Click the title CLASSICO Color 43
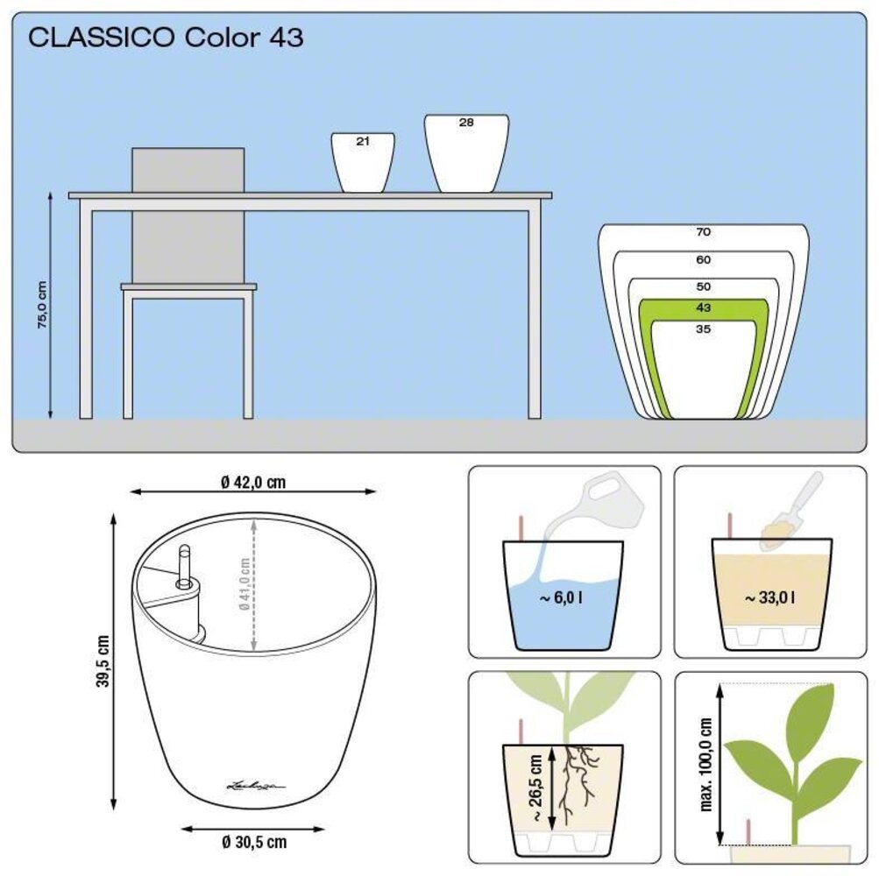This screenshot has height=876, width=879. click(x=167, y=39)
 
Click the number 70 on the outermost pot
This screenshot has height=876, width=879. click(x=704, y=232)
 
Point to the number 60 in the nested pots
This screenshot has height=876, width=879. click(x=704, y=259)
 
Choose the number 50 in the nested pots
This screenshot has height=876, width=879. click(x=704, y=286)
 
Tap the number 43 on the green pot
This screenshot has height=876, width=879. click(x=704, y=307)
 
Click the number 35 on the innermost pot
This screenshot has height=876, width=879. click(x=704, y=329)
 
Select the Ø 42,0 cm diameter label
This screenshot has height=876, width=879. click(x=253, y=482)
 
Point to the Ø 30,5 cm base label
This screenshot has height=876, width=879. click(x=253, y=843)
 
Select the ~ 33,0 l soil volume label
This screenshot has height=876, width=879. click(x=770, y=598)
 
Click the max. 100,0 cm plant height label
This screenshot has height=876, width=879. click(x=706, y=765)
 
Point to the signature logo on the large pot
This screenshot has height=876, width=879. click(x=254, y=785)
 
